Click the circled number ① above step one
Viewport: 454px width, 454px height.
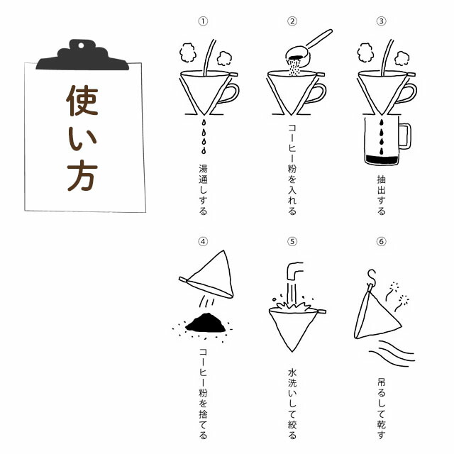[x=203, y=21]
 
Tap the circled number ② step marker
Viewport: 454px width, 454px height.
[x=292, y=21]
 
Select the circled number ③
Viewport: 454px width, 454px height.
[x=381, y=21]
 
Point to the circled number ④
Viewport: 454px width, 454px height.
[x=203, y=241]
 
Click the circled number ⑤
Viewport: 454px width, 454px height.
[x=292, y=241]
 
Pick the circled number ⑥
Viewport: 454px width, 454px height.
[x=381, y=241]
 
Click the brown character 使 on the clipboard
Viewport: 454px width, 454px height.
[x=82, y=101]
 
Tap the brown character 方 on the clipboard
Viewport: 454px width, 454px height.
[x=82, y=175]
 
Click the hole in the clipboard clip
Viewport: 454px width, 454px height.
[x=81, y=45]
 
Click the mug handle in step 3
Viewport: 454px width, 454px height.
[x=405, y=136]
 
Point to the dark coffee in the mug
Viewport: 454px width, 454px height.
[x=382, y=160]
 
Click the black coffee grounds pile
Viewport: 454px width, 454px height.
[x=205, y=323]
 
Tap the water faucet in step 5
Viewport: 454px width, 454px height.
[x=294, y=271]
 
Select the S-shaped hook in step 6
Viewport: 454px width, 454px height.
[x=372, y=277]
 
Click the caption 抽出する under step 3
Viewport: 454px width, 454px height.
[x=382, y=195]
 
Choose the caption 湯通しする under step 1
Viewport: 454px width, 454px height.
[x=204, y=189]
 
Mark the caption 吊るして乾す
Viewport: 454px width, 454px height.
[x=382, y=409]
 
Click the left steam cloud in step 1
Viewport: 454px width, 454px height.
[x=187, y=52]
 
